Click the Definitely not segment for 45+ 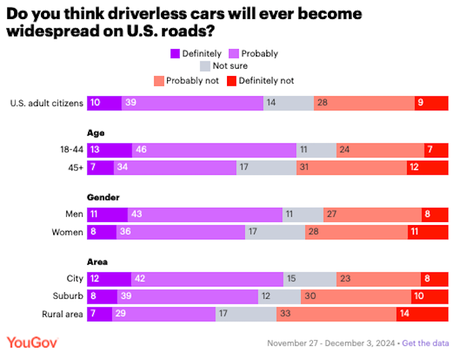tap(427, 167)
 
